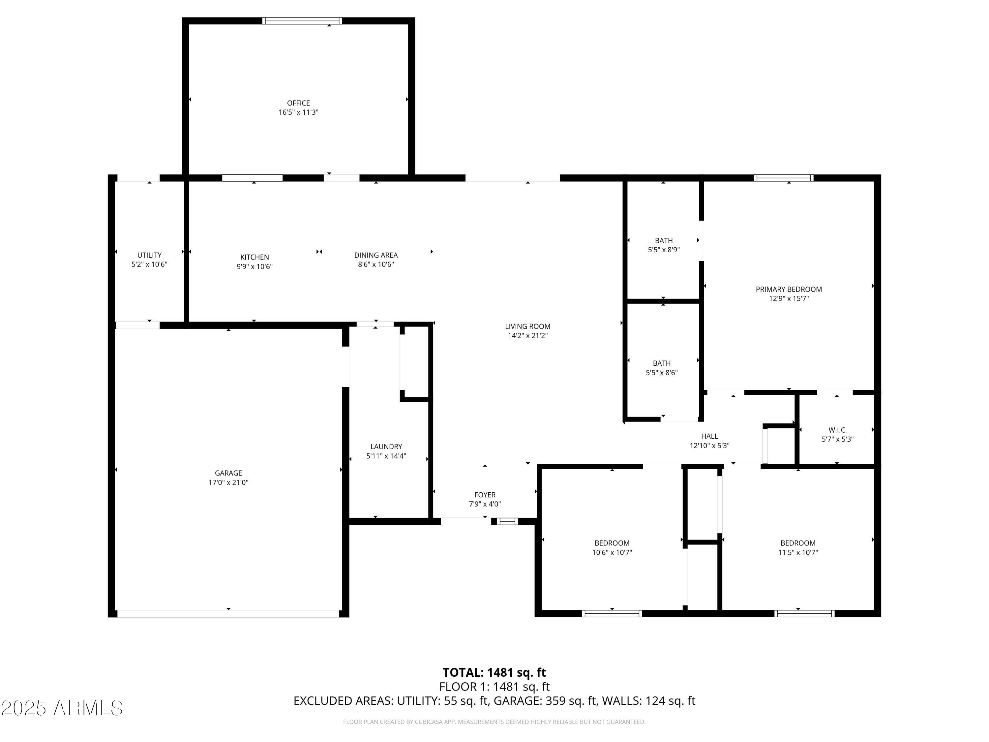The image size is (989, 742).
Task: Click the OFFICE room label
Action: pyautogui.click(x=298, y=103)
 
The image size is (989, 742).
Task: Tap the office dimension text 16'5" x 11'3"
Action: pyautogui.click(x=298, y=112)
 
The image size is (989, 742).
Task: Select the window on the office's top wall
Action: pyautogui.click(x=302, y=20)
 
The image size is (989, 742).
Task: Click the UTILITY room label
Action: pyautogui.click(x=149, y=255)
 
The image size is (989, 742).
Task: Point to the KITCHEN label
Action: pyautogui.click(x=255, y=257)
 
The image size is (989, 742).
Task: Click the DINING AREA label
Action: pyautogui.click(x=375, y=255)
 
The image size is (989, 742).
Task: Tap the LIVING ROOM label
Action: pyautogui.click(x=527, y=326)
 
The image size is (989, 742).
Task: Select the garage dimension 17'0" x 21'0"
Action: pyautogui.click(x=228, y=482)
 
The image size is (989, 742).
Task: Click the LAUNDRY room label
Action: pyautogui.click(x=386, y=447)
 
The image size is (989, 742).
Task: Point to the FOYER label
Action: pyautogui.click(x=485, y=495)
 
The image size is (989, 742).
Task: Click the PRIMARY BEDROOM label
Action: pyautogui.click(x=789, y=289)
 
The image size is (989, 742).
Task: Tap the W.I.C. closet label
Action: pyautogui.click(x=837, y=430)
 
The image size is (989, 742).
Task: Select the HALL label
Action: pyautogui.click(x=709, y=436)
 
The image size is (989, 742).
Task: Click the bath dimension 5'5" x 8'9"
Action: pyautogui.click(x=664, y=250)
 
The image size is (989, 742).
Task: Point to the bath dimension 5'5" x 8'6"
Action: pyautogui.click(x=662, y=373)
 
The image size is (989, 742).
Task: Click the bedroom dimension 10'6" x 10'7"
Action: pyautogui.click(x=612, y=552)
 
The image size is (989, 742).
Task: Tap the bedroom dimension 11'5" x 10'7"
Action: pyautogui.click(x=798, y=552)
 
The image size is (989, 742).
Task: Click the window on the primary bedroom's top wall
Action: pyautogui.click(x=783, y=178)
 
